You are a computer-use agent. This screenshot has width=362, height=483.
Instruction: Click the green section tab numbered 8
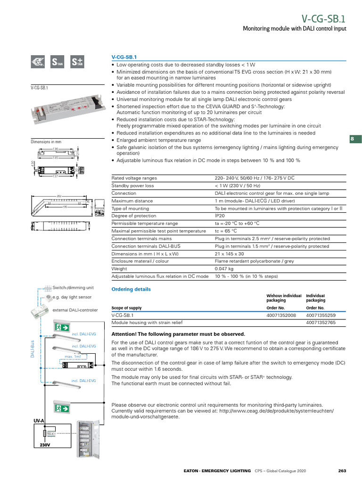[353, 139]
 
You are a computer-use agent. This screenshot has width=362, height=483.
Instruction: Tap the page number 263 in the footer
[342, 471]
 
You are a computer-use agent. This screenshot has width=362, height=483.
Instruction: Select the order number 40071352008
[281, 315]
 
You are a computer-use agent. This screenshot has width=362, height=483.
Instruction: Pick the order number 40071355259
[321, 315]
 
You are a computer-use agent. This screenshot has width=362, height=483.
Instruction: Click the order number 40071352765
[321, 323]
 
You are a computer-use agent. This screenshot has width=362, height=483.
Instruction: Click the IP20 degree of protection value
[220, 216]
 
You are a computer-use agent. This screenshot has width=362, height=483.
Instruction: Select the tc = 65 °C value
[226, 231]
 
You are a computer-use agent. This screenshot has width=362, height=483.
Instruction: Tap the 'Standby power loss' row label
[132, 186]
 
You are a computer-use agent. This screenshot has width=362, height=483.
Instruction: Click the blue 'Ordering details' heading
[131, 289]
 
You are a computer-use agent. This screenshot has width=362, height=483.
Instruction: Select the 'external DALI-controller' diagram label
[75, 310]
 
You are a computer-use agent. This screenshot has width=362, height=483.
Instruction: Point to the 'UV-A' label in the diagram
[39, 420]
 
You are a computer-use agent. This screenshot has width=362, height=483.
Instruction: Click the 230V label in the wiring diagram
[45, 445]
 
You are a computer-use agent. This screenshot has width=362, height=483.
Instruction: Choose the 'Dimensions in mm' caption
[46, 142]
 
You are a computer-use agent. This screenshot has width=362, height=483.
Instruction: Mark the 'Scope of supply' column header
[126, 308]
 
